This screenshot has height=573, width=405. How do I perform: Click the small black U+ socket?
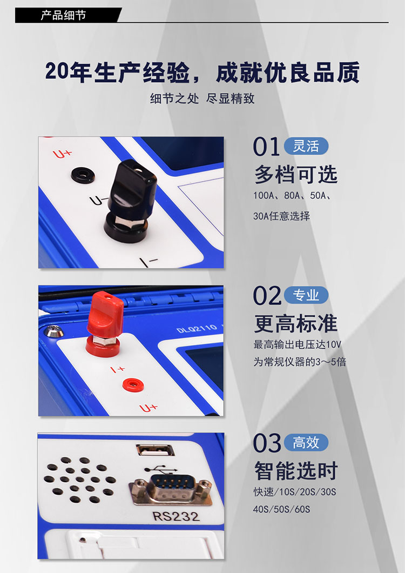click(83, 175)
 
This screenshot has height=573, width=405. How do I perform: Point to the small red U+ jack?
click(132, 385)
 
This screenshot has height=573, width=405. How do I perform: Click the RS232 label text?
click(175, 516)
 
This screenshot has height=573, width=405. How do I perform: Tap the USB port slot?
click(155, 450)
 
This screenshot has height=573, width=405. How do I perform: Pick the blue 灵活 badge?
click(306, 146)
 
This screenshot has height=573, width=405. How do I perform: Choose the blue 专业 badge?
click(306, 295)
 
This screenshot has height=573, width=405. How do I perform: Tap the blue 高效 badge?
click(306, 443)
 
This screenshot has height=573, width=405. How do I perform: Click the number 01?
click(267, 147)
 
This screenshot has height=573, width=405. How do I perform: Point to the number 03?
click(267, 443)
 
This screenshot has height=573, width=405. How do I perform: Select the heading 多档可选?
click(296, 174)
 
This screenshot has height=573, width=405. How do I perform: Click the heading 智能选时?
click(296, 470)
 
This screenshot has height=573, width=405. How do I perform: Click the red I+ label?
click(118, 369)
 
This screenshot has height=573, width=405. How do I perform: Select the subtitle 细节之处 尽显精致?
click(202, 98)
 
